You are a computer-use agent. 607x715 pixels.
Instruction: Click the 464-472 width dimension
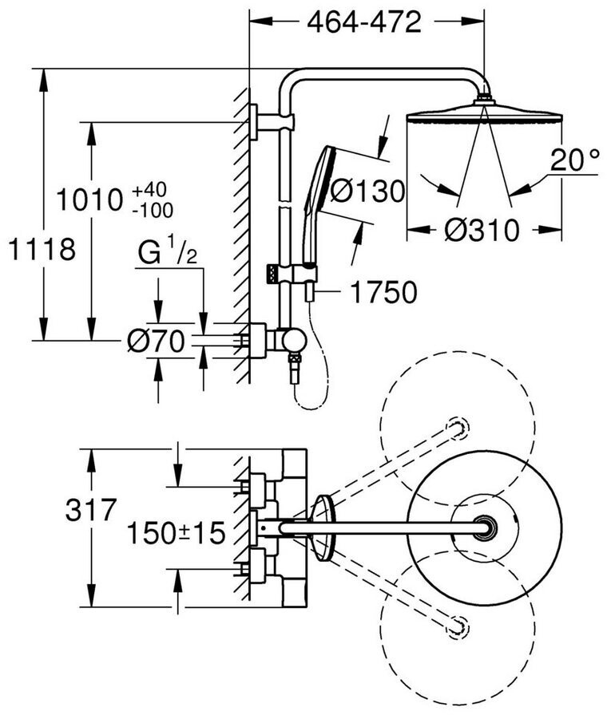click(x=364, y=24)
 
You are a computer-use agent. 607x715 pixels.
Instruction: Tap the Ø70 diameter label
click(x=156, y=342)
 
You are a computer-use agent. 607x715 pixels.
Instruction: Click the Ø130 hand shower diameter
click(x=367, y=191)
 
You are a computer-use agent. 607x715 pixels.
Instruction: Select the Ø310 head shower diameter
click(x=482, y=231)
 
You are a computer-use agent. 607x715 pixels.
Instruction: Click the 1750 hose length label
click(x=381, y=293)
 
